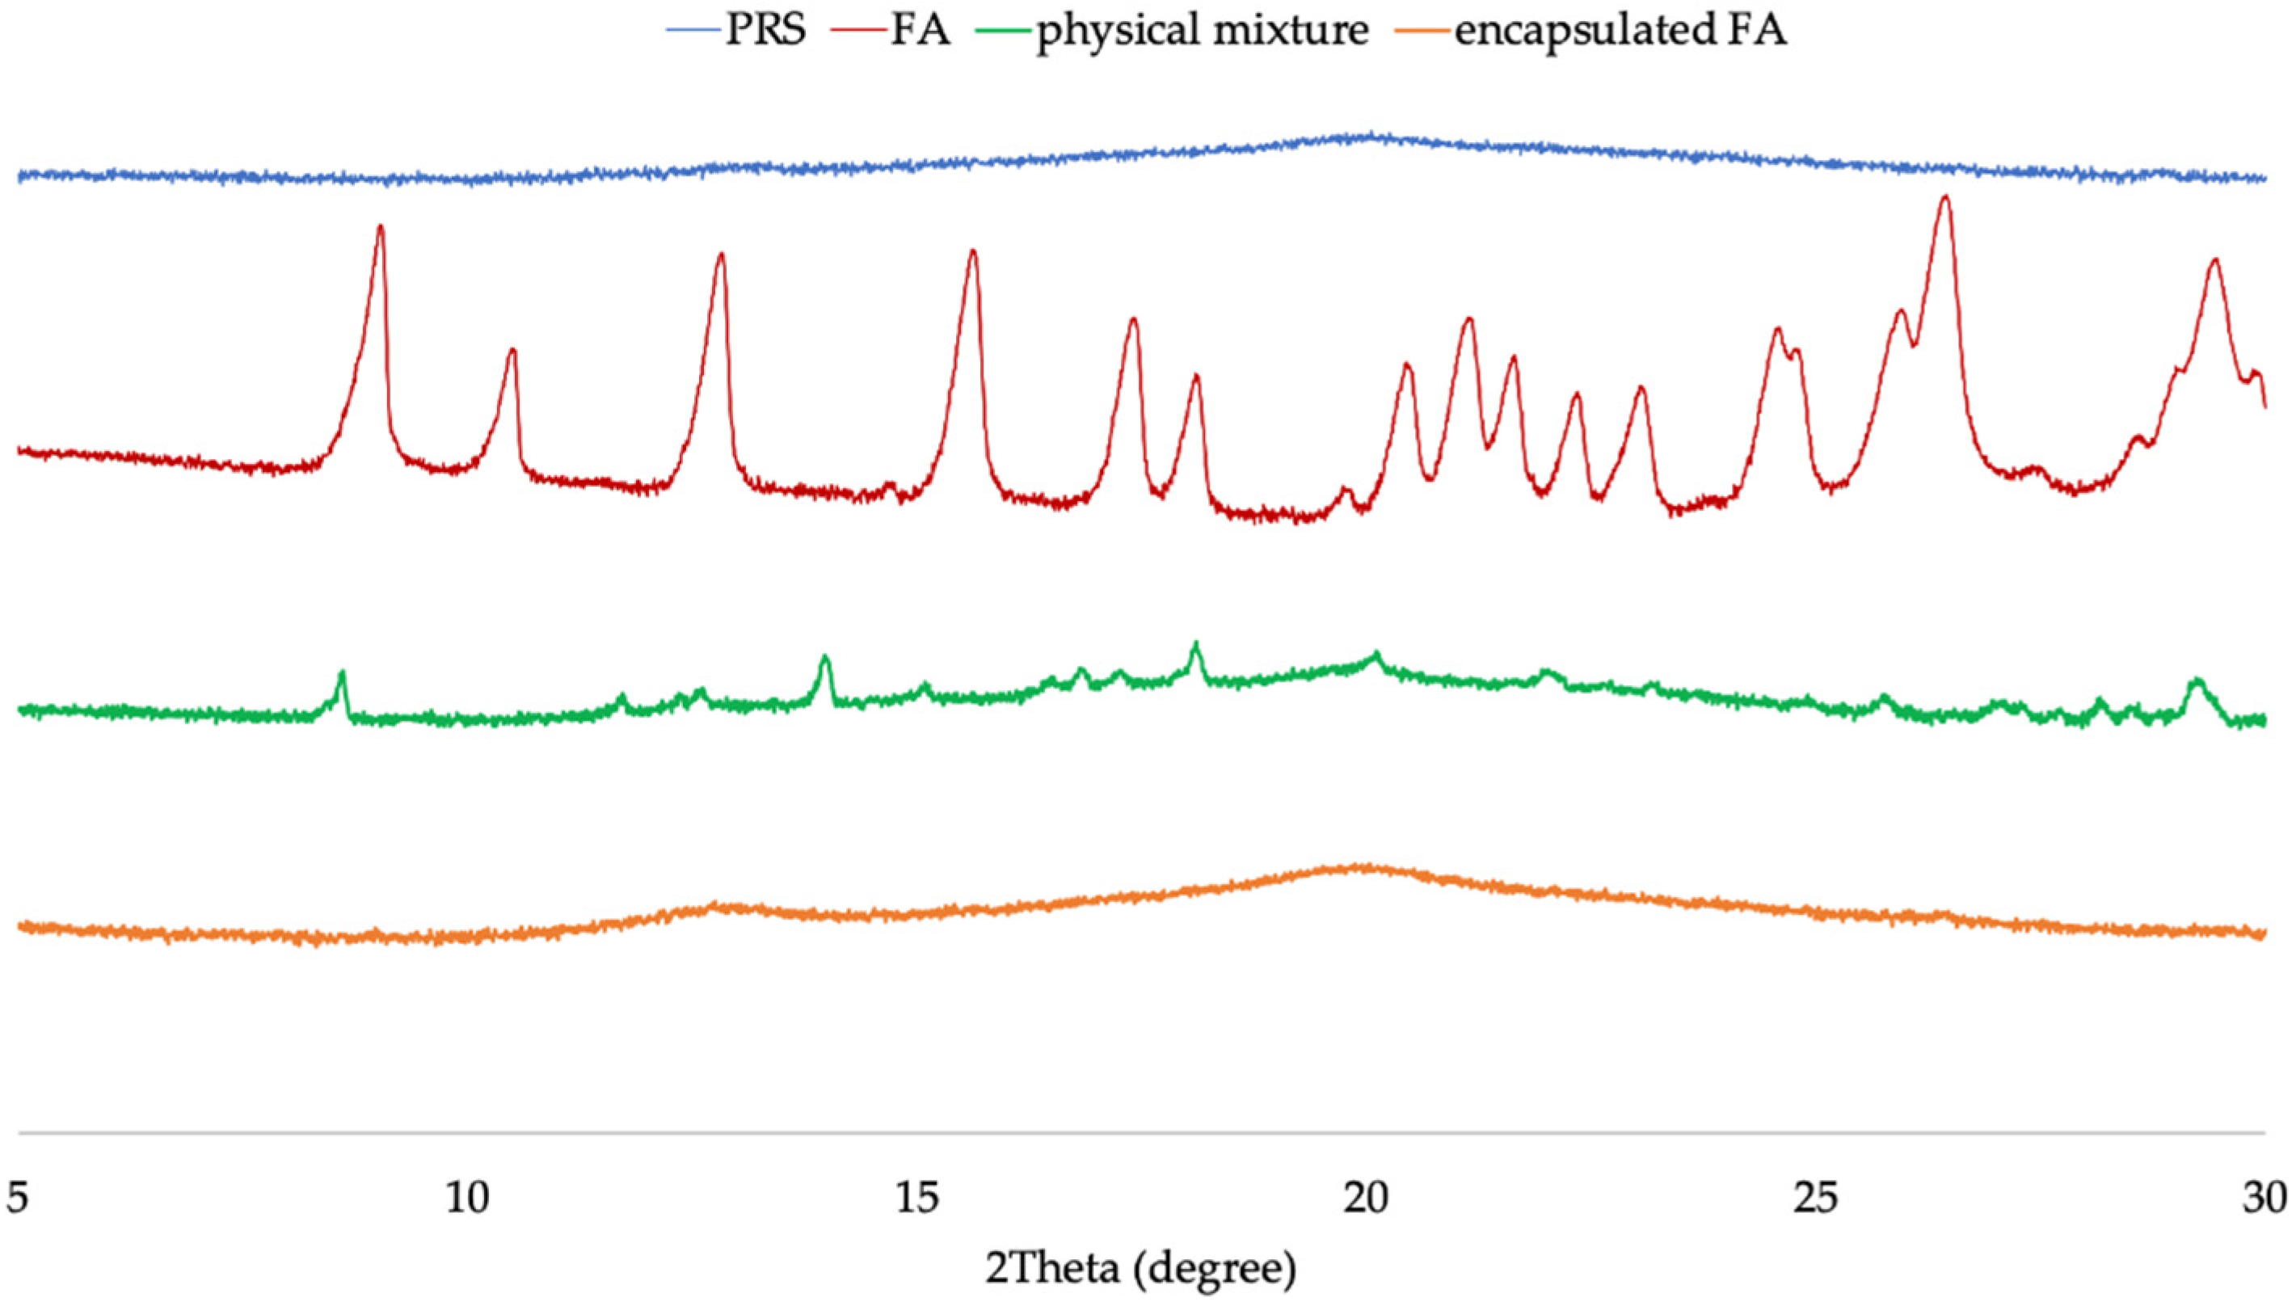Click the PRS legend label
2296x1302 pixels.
tap(765, 31)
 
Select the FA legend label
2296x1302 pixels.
tap(920, 31)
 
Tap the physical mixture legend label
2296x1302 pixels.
tap(1203, 31)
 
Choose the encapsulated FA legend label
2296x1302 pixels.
tap(1620, 31)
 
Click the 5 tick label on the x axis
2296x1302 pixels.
tap(18, 1199)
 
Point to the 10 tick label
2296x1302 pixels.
tap(469, 1199)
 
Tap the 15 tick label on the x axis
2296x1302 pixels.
tap(918, 1199)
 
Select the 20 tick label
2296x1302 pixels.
tap(1366, 1199)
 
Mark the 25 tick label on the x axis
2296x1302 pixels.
tap(1816, 1199)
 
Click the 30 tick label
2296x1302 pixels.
tap(2264, 1199)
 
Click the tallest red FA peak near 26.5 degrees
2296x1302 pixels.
tap(1944, 199)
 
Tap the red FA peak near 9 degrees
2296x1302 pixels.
tap(381, 227)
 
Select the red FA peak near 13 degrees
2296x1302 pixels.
tap(721, 255)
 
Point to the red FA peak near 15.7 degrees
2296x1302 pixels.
tap(973, 252)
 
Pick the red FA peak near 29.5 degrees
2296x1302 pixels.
tap(2214, 261)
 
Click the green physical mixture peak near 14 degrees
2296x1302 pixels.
tap(824, 659)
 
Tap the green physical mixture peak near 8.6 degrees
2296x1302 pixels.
tap(341, 672)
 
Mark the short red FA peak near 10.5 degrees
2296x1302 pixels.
tap(512, 351)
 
